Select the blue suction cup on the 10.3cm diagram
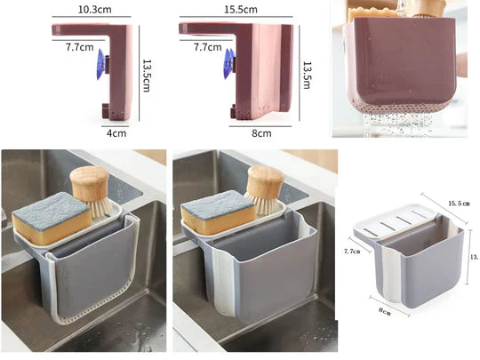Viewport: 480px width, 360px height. tap(100, 64)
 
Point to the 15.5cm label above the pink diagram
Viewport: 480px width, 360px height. tap(240, 10)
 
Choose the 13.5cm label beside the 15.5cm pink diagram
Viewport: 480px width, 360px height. tap(308, 68)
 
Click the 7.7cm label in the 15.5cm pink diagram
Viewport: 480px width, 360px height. tap(207, 45)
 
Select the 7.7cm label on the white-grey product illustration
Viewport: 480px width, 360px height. tap(353, 252)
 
